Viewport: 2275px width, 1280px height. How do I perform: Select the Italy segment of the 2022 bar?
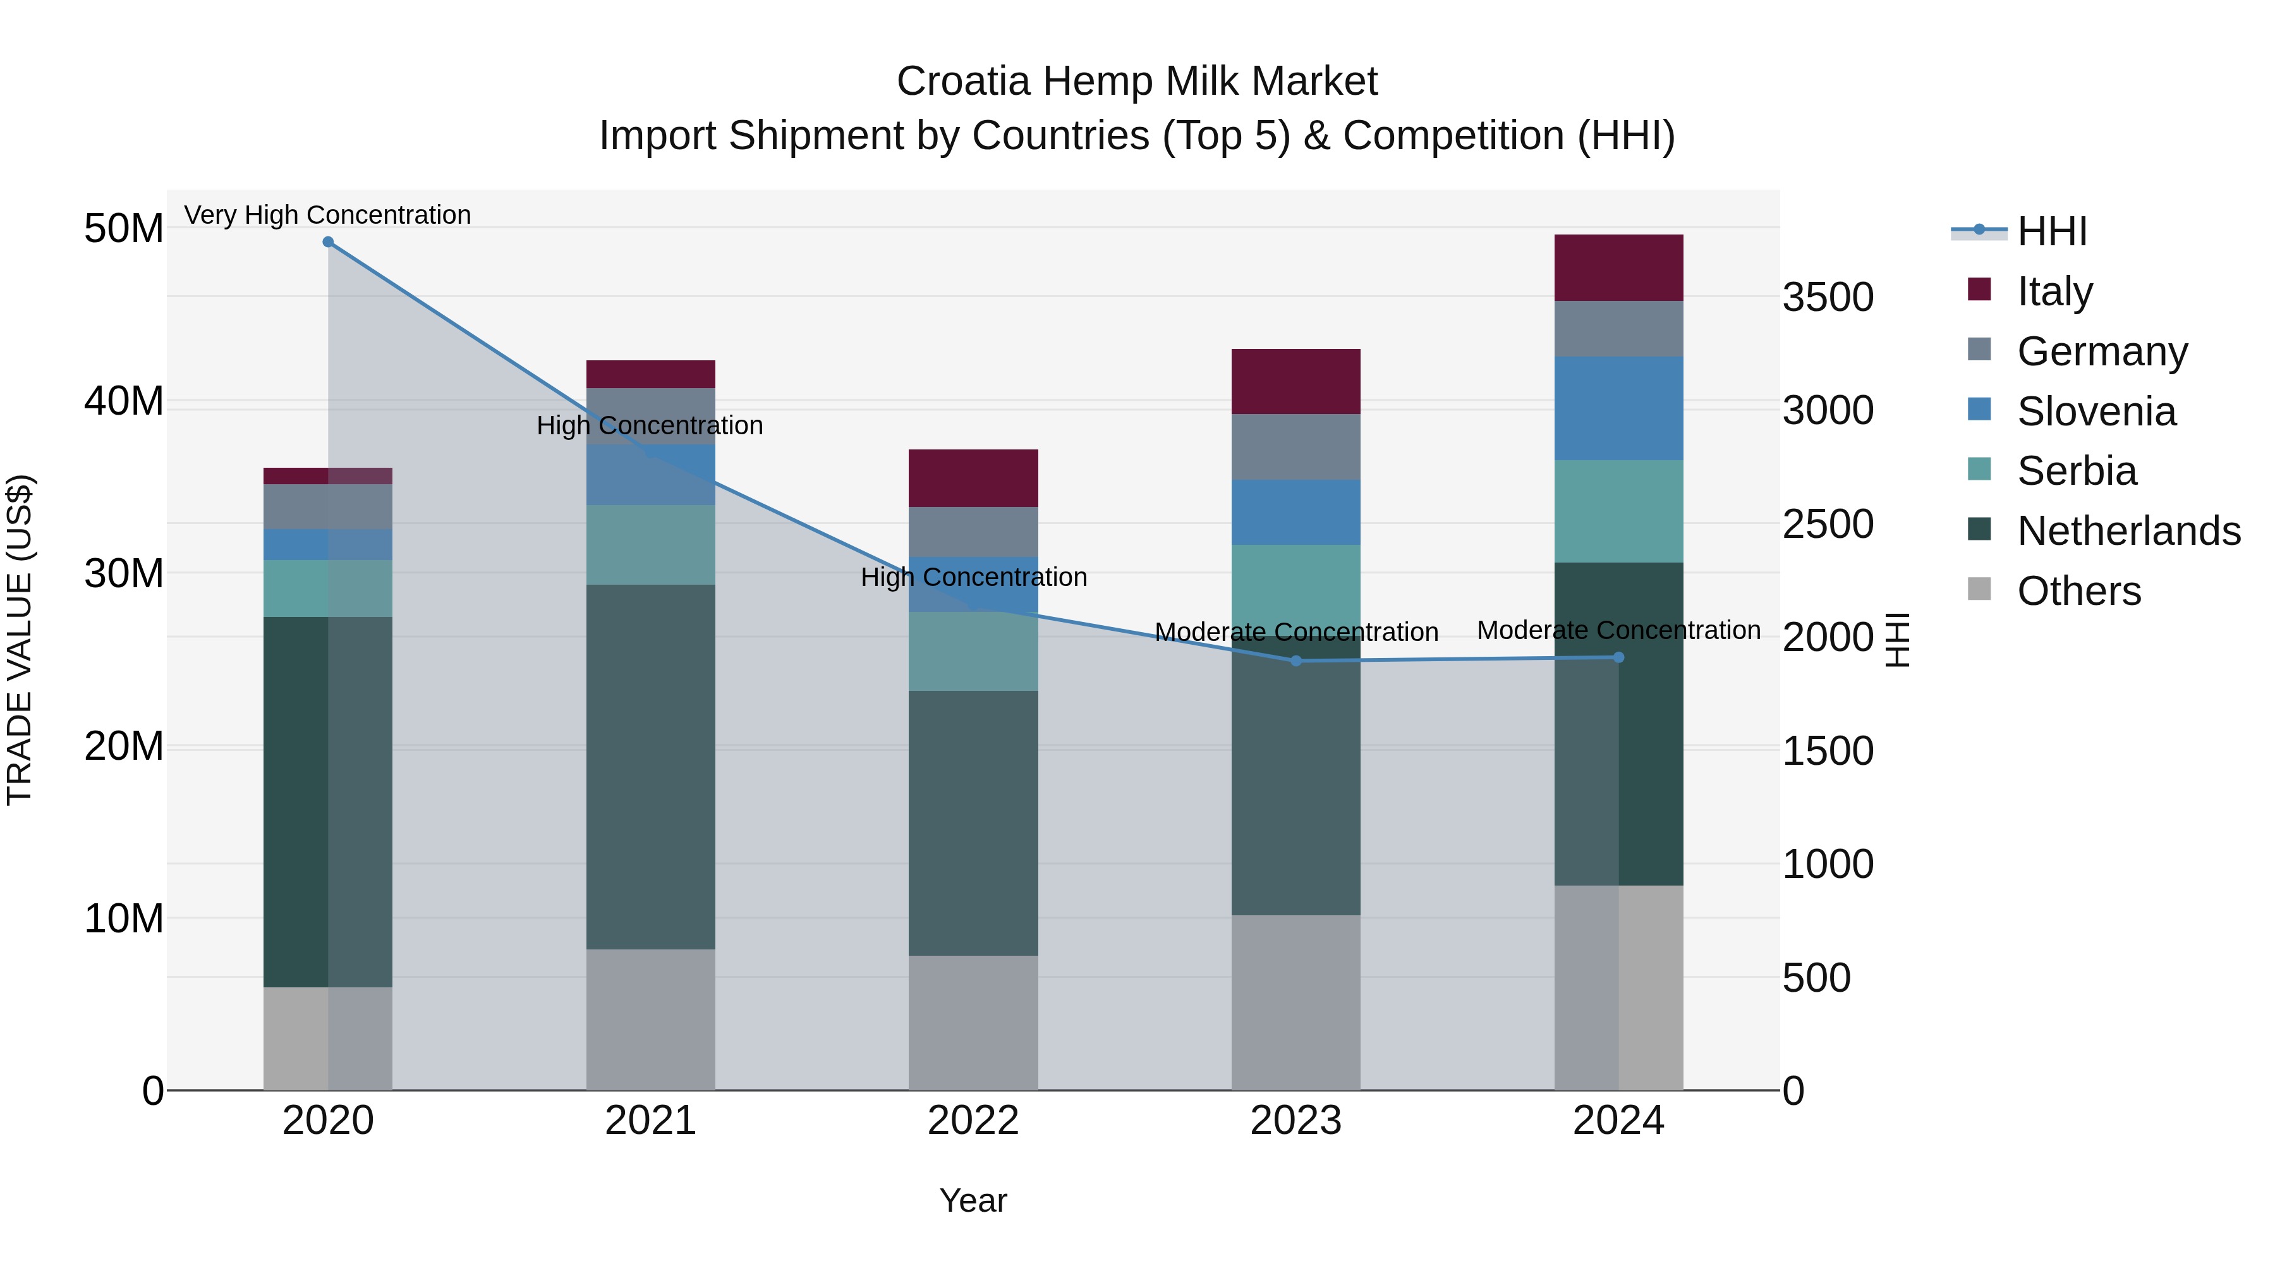click(x=973, y=478)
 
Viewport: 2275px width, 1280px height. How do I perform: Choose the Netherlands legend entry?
click(x=2128, y=531)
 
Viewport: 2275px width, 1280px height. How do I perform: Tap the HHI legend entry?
click(x=2051, y=231)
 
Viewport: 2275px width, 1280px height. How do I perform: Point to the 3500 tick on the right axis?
click(x=1827, y=297)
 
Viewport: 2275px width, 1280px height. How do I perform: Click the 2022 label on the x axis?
click(x=973, y=1121)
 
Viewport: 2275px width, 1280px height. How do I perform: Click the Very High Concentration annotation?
click(x=327, y=215)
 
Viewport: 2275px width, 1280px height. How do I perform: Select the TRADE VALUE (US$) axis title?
click(x=20, y=640)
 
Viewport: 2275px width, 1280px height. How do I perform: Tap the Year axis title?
click(x=973, y=1200)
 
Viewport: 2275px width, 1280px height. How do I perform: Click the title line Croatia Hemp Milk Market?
click(x=1137, y=82)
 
